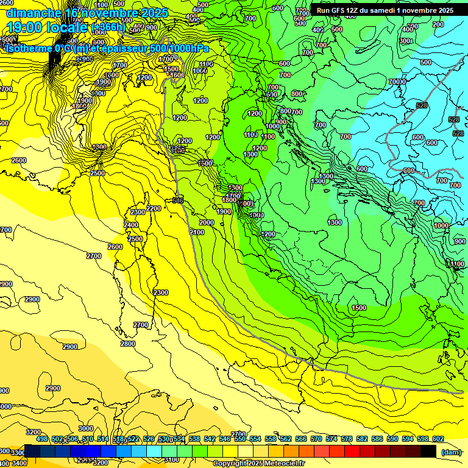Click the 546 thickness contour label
tap(178, 199)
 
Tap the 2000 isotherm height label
tap(207, 222)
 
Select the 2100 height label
tap(197, 232)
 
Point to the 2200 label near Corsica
tap(154, 208)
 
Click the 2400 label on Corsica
tap(131, 225)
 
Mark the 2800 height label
tap(128, 344)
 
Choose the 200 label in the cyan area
tap(438, 24)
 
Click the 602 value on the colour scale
tap(438, 439)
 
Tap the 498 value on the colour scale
tap(42, 439)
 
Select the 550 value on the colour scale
tap(239, 439)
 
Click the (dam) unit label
tap(451, 452)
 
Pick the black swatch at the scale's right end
tap(428, 451)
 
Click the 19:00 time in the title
tap(24, 28)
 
